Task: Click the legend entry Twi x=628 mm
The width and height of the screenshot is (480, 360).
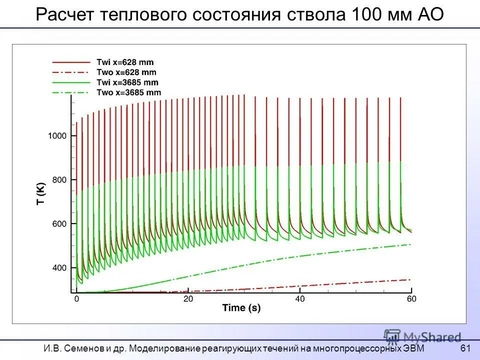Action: [125, 62]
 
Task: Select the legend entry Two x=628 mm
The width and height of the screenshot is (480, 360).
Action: [125, 72]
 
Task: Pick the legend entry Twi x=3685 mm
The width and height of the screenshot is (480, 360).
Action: [127, 82]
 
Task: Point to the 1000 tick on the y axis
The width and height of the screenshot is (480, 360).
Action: [57, 135]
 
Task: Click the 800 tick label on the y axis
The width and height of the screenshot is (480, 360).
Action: [59, 179]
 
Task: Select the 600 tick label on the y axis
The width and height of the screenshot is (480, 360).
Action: [59, 223]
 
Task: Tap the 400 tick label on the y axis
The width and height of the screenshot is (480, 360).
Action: [59, 267]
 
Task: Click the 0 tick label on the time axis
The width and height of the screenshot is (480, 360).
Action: [76, 299]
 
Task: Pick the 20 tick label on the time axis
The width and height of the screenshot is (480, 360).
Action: [188, 299]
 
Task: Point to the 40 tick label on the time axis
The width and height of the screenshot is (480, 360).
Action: [299, 299]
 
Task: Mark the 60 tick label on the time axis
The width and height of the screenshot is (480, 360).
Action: [411, 299]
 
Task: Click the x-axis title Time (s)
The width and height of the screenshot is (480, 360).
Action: [241, 308]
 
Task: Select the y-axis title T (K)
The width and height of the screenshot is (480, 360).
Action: [40, 193]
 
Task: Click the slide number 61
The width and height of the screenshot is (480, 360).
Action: [465, 348]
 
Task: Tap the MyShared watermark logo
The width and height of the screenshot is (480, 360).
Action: [422, 336]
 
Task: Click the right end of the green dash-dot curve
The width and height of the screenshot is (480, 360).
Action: [410, 244]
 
